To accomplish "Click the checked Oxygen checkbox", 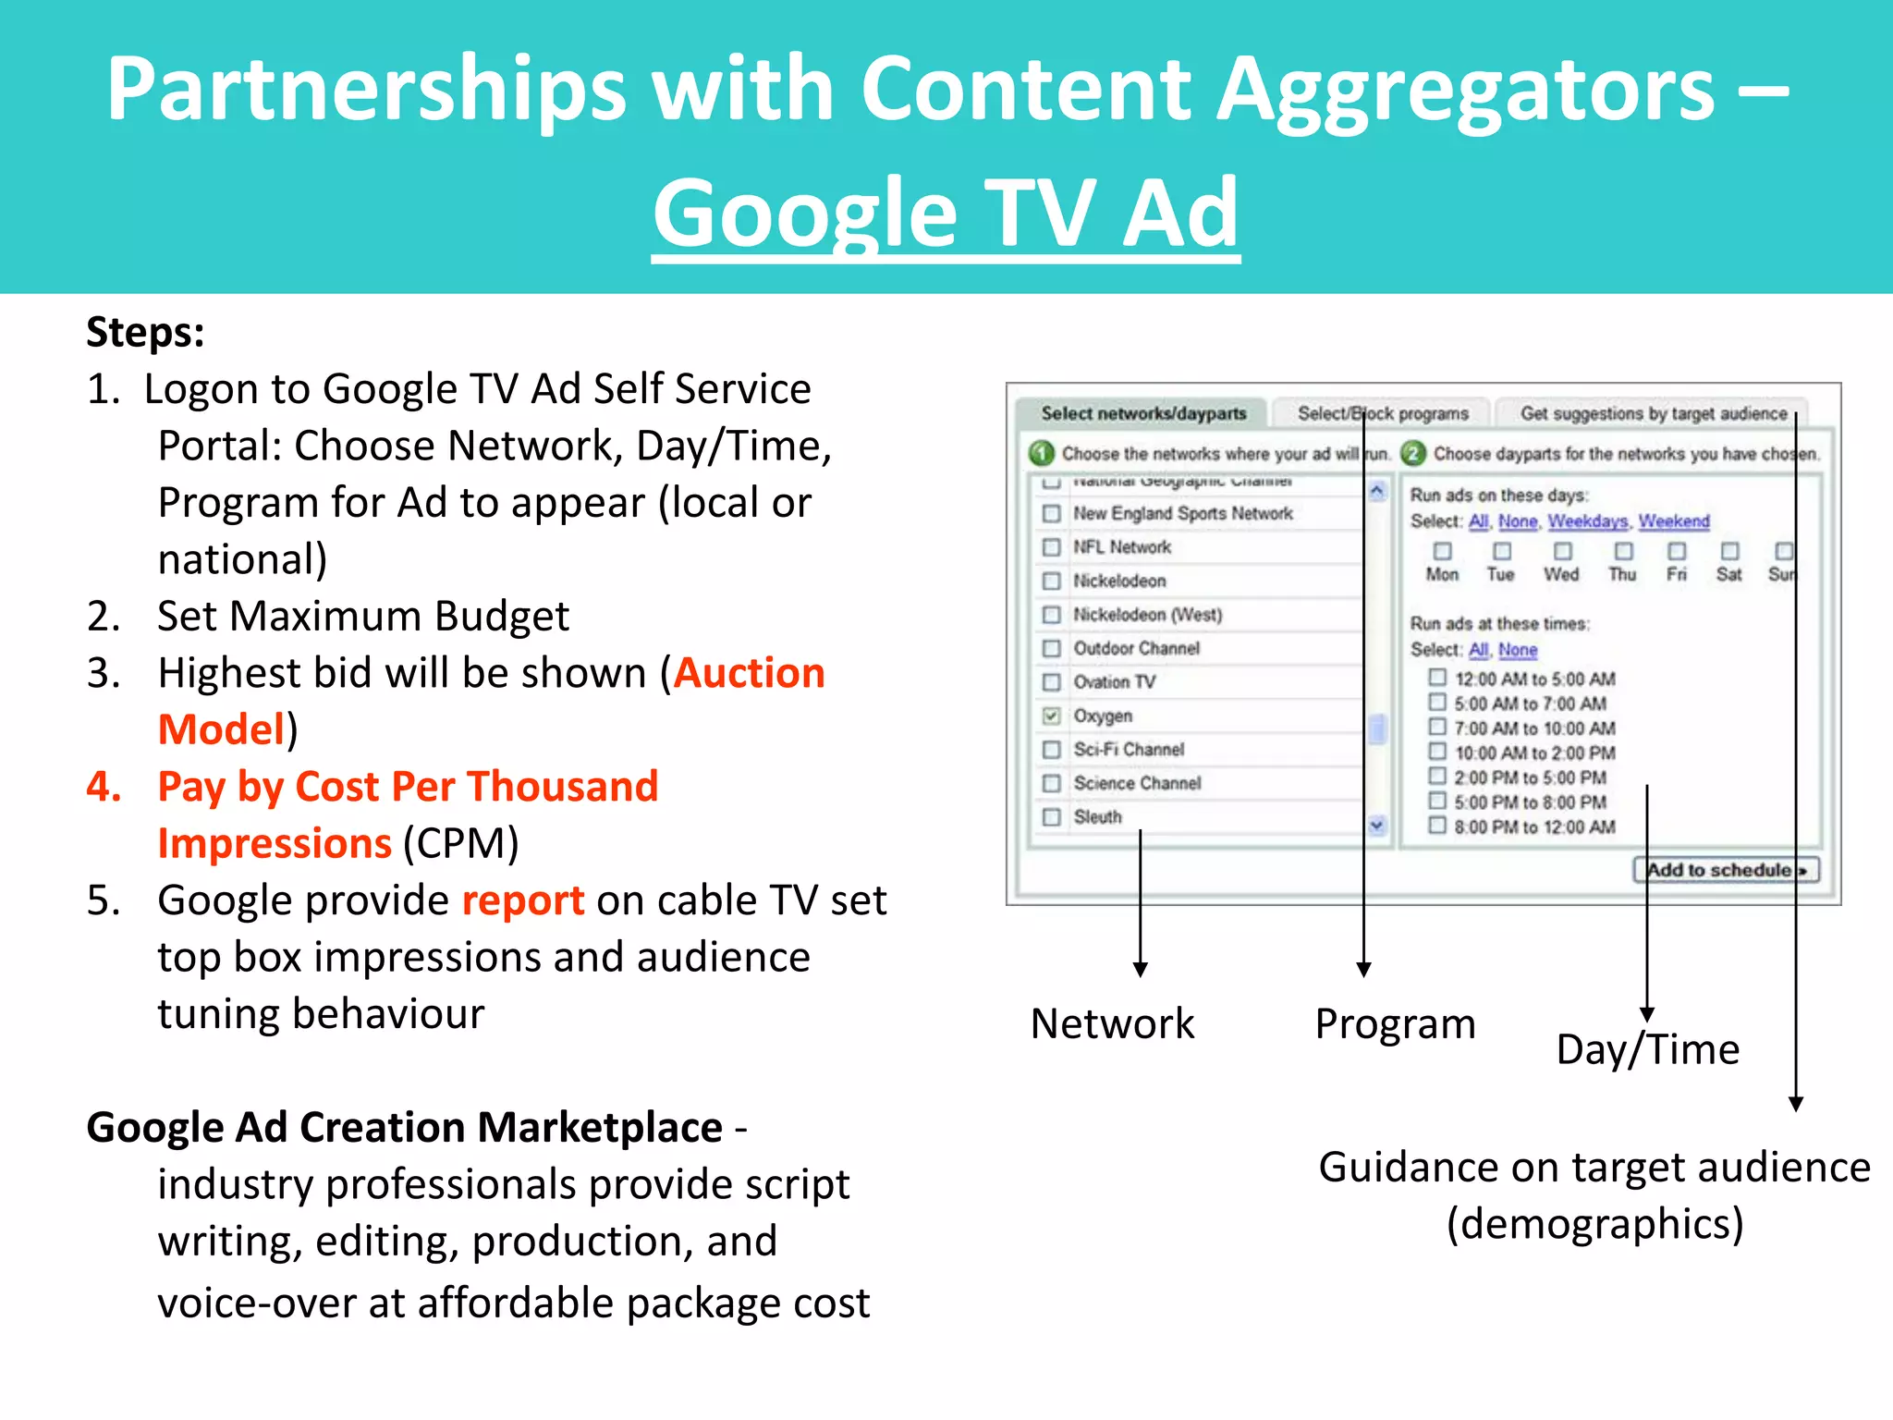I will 1051,716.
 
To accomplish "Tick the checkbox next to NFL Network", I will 1051,547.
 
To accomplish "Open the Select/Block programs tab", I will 1383,413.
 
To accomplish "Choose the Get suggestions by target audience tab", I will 1654,413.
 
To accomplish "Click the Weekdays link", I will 1587,521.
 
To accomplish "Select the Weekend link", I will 1674,521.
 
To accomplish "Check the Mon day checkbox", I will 1442,552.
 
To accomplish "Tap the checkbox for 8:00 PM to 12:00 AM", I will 1437,826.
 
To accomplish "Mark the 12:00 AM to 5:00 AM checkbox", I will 1437,678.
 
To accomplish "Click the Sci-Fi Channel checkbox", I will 1051,750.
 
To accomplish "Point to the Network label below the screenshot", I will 1112,1024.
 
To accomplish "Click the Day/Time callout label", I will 1647,1050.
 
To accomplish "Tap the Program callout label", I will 1395,1024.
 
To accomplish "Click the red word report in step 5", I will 522,900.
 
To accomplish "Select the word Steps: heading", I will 145,332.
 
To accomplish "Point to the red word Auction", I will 749,673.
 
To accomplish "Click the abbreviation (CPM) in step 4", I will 460,843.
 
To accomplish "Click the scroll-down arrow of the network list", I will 1377,825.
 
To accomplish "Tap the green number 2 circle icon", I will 1412,453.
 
